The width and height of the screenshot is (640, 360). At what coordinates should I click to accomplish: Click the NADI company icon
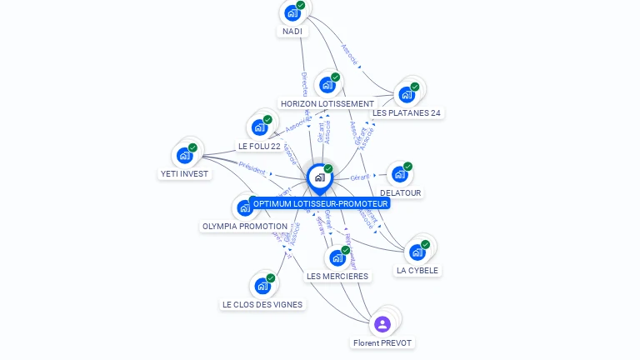(292, 12)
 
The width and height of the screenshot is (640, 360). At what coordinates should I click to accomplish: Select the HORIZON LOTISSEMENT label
(327, 103)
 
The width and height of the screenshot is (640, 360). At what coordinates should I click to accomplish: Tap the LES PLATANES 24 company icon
(407, 94)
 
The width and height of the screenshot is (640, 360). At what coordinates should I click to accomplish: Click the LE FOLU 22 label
(259, 146)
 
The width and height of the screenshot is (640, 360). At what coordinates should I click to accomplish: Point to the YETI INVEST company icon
(184, 155)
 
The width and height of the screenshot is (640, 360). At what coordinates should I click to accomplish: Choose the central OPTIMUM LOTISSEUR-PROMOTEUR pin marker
(319, 177)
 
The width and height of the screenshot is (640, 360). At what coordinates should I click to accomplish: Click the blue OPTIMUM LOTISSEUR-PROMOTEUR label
(320, 203)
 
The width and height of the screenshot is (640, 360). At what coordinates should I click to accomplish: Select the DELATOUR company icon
(400, 174)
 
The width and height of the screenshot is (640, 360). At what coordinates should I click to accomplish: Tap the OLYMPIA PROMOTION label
(244, 226)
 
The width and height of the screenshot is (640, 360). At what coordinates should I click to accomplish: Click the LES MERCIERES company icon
(337, 257)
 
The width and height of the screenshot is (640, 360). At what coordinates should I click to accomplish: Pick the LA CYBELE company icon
(417, 252)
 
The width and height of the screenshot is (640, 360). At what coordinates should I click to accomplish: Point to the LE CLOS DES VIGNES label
(262, 304)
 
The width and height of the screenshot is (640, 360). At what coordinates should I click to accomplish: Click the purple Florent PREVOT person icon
(382, 324)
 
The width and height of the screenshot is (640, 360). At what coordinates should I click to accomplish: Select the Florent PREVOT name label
(382, 342)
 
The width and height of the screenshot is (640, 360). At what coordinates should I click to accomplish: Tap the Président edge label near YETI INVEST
(252, 168)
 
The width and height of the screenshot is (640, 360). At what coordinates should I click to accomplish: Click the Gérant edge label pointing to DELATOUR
(360, 177)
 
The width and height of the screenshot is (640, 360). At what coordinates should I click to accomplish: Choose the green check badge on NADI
(301, 5)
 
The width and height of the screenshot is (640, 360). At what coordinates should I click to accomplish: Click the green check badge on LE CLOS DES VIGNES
(271, 278)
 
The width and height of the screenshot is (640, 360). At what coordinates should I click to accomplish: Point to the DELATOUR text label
(400, 192)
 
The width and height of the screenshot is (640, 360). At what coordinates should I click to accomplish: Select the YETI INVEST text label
(184, 174)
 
